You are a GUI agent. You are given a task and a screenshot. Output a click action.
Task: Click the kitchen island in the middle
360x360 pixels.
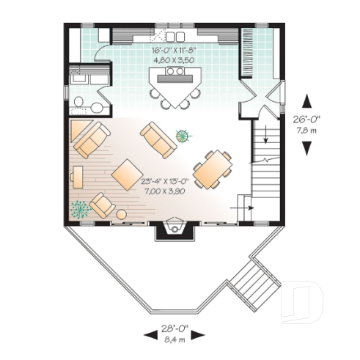point(175,83)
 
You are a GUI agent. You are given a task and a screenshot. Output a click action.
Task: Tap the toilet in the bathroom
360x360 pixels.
point(78,102)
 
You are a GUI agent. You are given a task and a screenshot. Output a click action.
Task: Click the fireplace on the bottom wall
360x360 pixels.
point(175,229)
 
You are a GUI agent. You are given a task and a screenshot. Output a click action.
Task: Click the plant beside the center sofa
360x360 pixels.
point(183,135)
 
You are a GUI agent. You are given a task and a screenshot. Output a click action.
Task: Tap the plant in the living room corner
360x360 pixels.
point(79,209)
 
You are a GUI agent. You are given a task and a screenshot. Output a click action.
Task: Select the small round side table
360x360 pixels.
point(121,214)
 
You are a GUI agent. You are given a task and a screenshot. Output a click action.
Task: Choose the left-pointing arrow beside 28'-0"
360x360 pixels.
point(149,334)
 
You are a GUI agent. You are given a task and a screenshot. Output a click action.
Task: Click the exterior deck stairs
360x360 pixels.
point(254,282)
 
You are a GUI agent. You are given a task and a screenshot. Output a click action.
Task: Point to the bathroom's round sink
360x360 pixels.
point(96,107)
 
